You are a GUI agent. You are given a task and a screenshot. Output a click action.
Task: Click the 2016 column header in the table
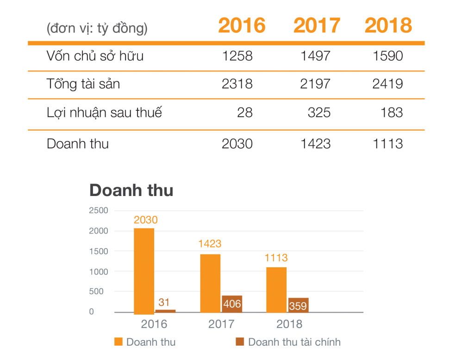242,26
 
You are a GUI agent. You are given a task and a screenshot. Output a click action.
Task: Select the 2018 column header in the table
388,26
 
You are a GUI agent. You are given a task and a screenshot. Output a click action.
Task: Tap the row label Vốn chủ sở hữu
95,57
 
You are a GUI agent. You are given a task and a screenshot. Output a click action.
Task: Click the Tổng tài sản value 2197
315,84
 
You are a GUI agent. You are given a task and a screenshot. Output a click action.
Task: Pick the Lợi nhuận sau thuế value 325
319,113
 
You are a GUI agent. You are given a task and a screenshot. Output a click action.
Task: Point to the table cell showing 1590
388,57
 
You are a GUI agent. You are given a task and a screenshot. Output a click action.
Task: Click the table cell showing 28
245,113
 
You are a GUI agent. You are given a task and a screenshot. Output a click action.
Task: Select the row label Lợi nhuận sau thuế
104,113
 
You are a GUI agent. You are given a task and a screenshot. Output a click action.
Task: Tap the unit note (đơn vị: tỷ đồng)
97,29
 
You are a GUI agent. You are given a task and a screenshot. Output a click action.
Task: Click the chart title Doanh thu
131,190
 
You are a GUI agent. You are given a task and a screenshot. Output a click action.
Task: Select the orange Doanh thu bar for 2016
144,271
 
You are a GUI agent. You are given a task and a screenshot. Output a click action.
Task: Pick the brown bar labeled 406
232,303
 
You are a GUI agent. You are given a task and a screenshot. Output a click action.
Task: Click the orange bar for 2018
276,289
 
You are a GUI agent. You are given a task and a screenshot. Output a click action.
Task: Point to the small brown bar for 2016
165,311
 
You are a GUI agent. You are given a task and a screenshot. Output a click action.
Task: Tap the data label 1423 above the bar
210,244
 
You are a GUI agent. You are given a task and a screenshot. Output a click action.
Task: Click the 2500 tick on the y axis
98,210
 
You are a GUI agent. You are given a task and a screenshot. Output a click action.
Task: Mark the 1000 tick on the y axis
98,272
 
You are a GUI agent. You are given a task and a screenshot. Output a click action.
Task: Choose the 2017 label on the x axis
221,324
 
